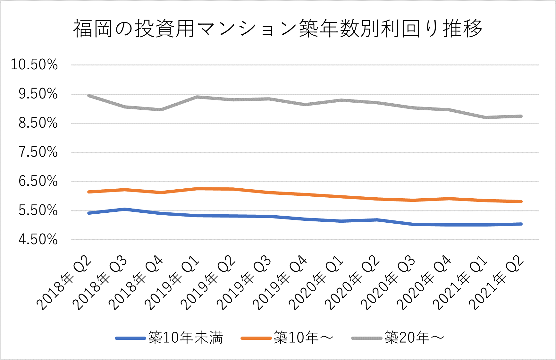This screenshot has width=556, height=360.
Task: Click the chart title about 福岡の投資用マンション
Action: coord(278,29)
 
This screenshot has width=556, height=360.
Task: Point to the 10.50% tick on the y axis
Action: coord(34,64)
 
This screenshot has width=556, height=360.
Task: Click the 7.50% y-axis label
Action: coord(38,152)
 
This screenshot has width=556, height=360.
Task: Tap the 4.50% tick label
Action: coord(38,240)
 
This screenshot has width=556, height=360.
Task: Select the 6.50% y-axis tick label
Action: coord(38,181)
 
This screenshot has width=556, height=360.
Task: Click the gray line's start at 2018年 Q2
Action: coord(89,96)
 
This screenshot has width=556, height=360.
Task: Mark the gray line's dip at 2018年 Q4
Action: coord(161,110)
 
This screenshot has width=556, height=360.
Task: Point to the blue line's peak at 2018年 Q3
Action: coord(125,209)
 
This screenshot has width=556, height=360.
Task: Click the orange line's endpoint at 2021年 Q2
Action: coord(521,201)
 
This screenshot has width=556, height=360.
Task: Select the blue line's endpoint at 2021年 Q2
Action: coord(521,224)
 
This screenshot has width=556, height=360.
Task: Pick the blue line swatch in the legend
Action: coord(130,338)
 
